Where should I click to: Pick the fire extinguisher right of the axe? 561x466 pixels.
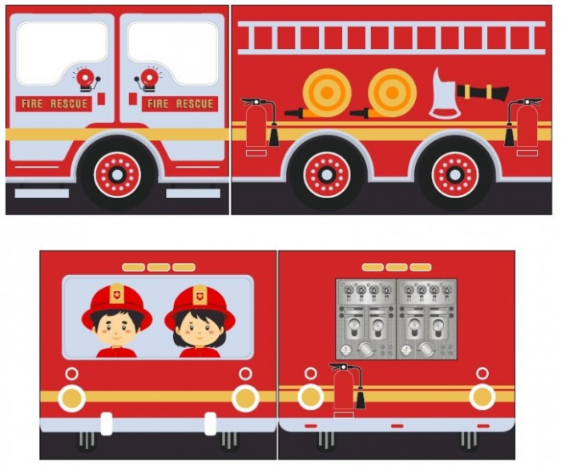[x=526, y=126]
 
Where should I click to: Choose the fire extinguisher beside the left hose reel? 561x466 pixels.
[x=256, y=126]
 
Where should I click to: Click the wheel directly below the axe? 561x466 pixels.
[x=455, y=173]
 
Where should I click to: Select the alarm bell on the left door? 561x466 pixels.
[x=85, y=79]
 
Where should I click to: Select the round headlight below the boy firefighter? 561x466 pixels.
[x=71, y=396]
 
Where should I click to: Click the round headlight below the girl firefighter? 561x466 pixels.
[x=245, y=397]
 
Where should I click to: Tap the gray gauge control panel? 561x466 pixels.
[x=396, y=318]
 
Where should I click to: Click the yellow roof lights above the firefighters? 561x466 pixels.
[x=159, y=267]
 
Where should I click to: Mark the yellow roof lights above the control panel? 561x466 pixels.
[x=396, y=267]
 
